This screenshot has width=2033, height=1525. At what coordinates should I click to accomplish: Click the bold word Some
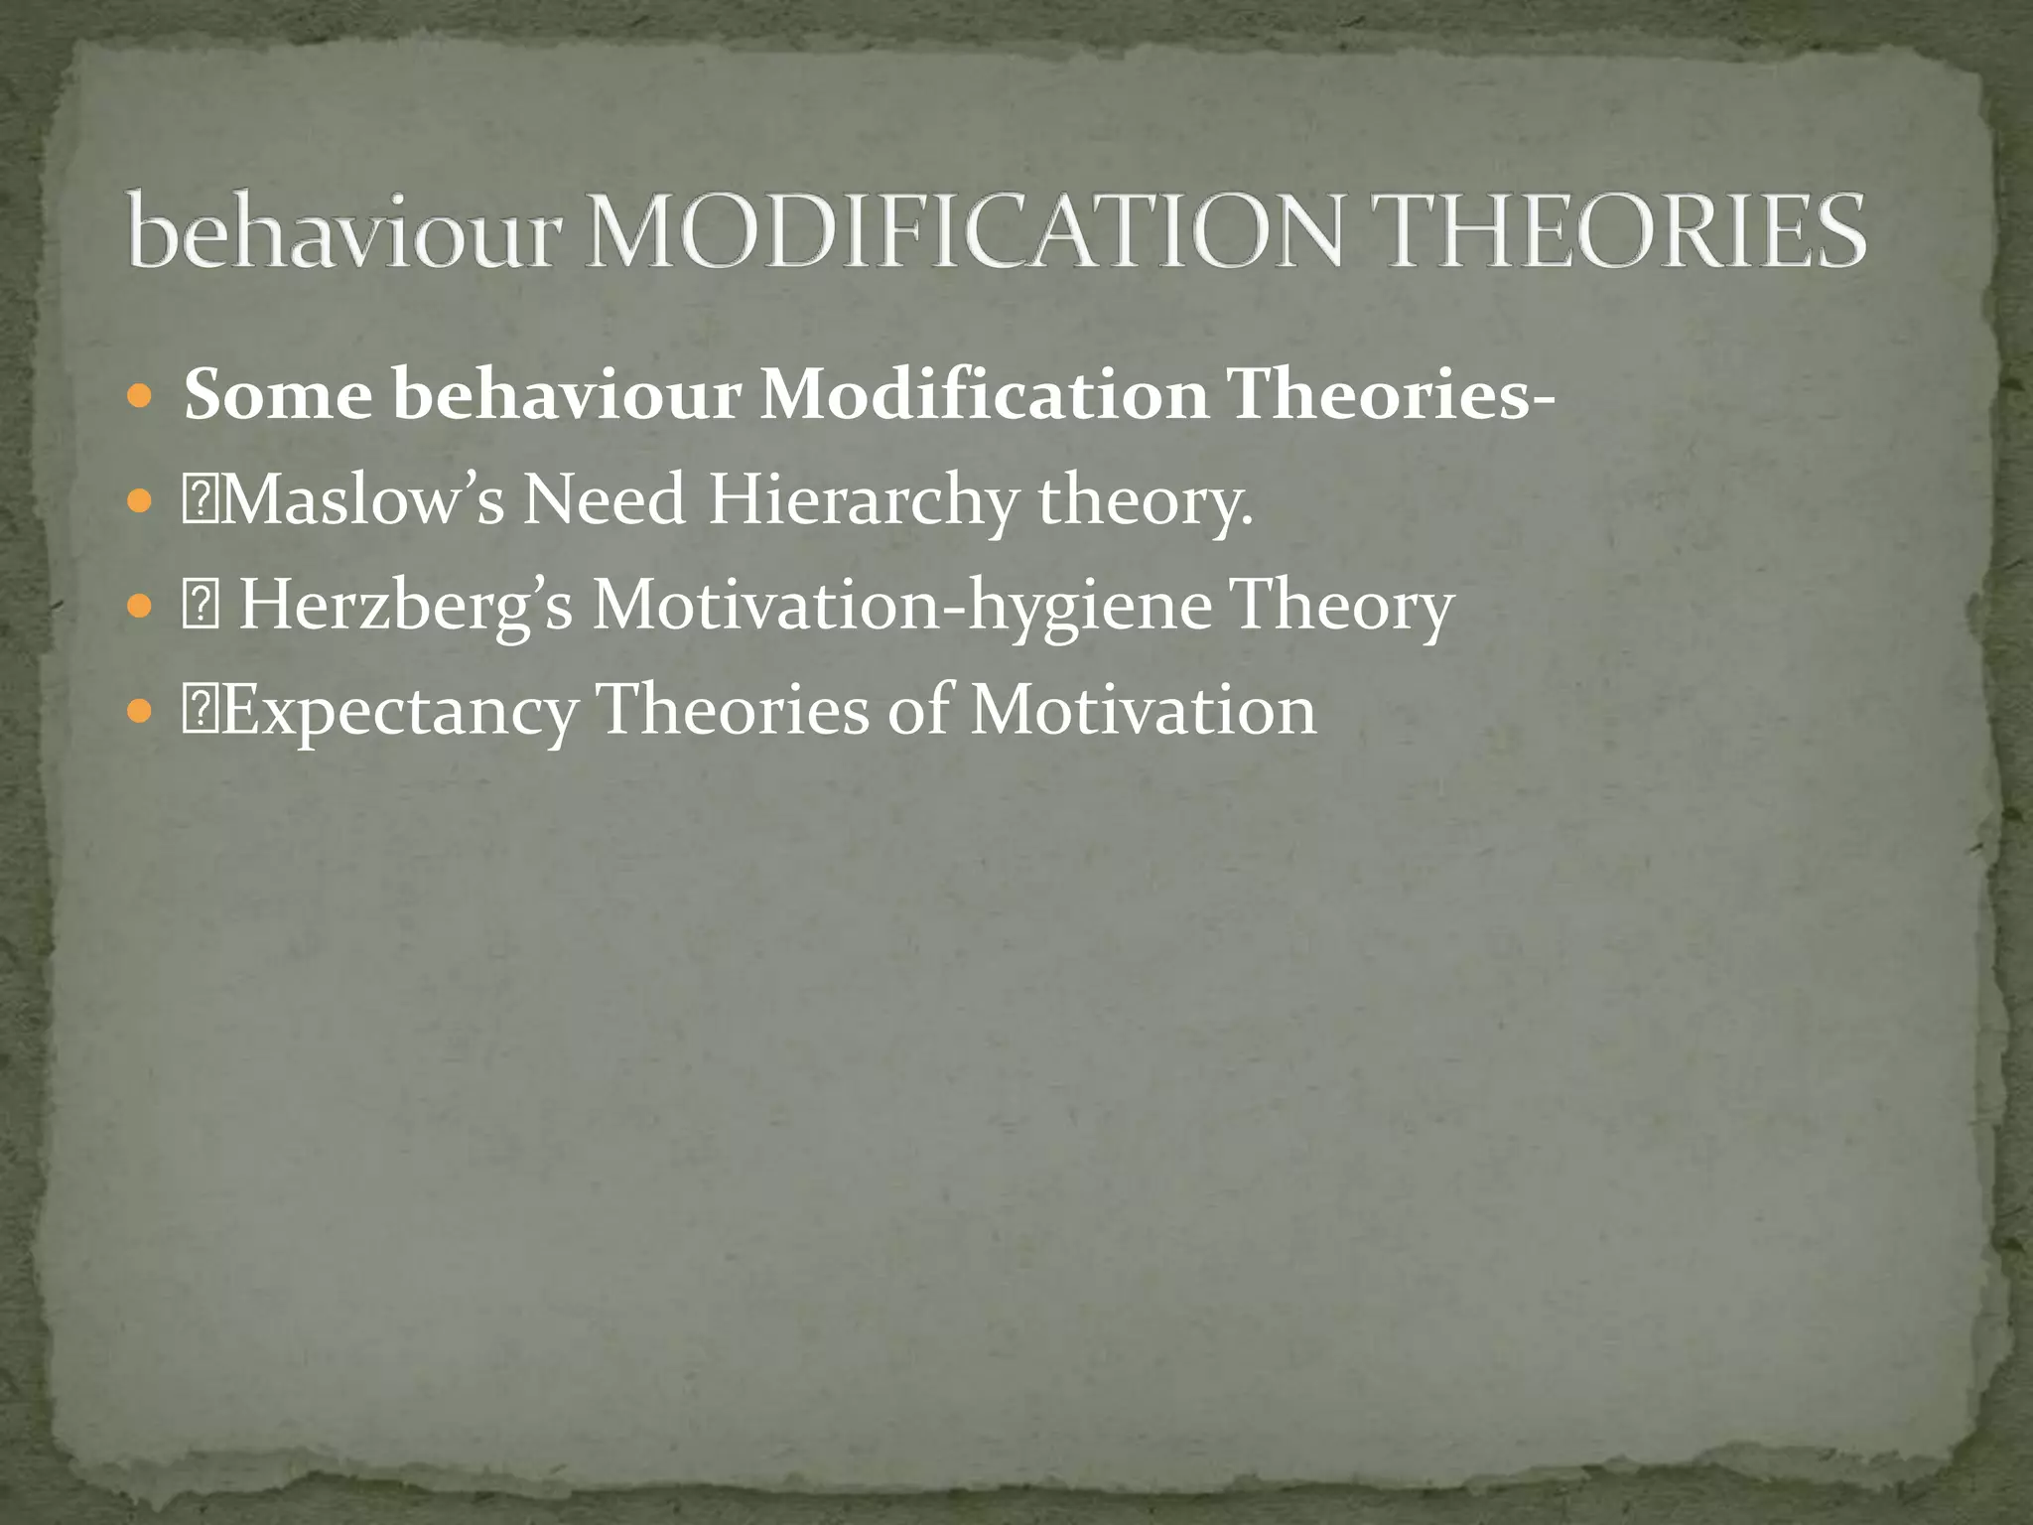pos(278,395)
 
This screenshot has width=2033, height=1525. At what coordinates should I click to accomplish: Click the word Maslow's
pos(362,499)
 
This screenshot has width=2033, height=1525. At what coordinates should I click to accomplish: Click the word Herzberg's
pos(406,605)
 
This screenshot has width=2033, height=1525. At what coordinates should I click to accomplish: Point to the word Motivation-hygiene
pos(901,607)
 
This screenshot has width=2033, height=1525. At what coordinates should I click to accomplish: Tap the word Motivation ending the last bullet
pos(1143,710)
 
